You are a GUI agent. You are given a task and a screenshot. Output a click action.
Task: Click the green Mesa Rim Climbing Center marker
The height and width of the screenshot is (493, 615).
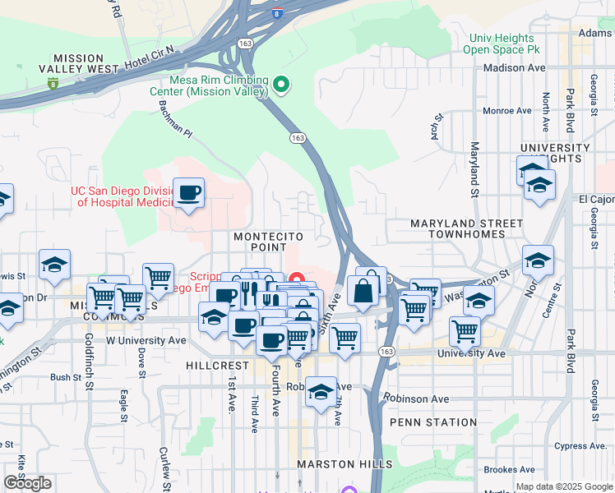coord(281,84)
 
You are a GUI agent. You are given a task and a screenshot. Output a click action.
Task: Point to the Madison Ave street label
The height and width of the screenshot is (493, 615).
coord(515,68)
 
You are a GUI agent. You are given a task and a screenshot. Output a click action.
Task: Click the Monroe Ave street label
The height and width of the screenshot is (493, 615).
coord(507,111)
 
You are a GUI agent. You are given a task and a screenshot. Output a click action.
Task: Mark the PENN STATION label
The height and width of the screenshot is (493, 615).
coord(433,422)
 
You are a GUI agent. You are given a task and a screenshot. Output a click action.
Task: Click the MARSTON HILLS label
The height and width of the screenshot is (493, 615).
coord(345,464)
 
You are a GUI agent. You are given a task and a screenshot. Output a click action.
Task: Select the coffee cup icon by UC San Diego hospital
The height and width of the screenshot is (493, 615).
coord(189,193)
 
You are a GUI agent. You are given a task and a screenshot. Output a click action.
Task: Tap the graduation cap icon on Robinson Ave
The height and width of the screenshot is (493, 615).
coord(321,391)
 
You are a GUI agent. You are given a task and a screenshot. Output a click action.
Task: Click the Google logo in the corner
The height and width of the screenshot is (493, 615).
coord(27,483)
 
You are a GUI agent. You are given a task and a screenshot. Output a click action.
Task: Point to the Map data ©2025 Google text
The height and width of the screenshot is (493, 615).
coord(564,486)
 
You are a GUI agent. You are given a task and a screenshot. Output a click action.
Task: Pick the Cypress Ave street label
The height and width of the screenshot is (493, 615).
coord(580,446)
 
